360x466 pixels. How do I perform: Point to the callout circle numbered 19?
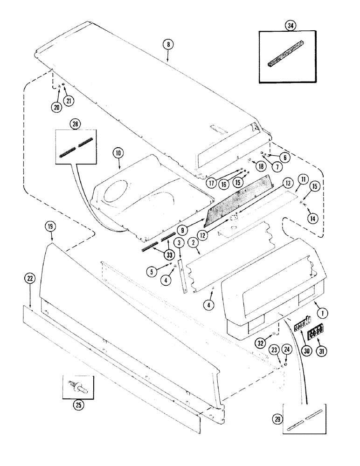[x=50, y=227]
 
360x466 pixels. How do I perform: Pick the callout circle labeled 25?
[x=77, y=404]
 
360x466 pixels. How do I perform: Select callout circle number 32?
[x=275, y=346]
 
